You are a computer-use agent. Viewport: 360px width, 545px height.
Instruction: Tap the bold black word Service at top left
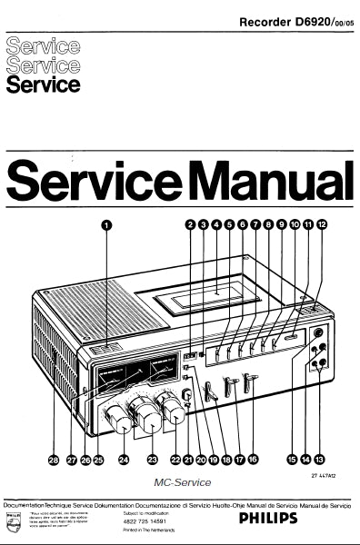42,85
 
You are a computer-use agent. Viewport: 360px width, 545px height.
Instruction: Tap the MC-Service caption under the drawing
183,484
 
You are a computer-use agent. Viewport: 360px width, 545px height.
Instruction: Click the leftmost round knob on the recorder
119,419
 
